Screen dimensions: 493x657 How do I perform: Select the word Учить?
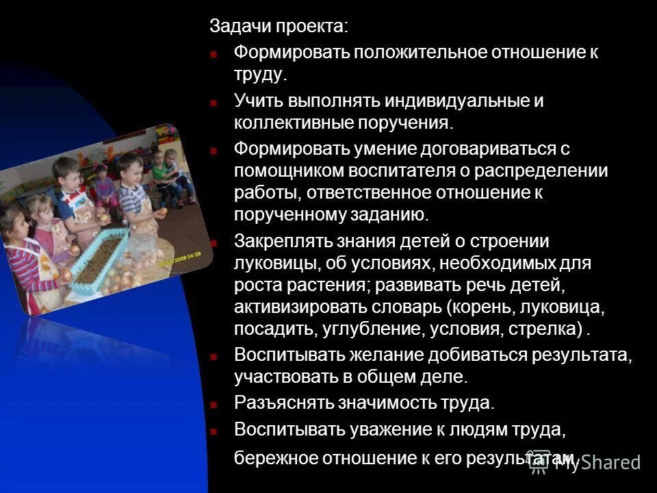[258, 101]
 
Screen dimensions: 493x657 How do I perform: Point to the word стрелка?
[544, 329]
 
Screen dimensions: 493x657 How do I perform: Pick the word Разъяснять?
[283, 402]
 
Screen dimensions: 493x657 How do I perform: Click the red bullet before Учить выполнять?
[214, 103]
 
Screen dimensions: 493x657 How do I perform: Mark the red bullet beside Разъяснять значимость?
[214, 403]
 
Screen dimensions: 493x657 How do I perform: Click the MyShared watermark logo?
[585, 462]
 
